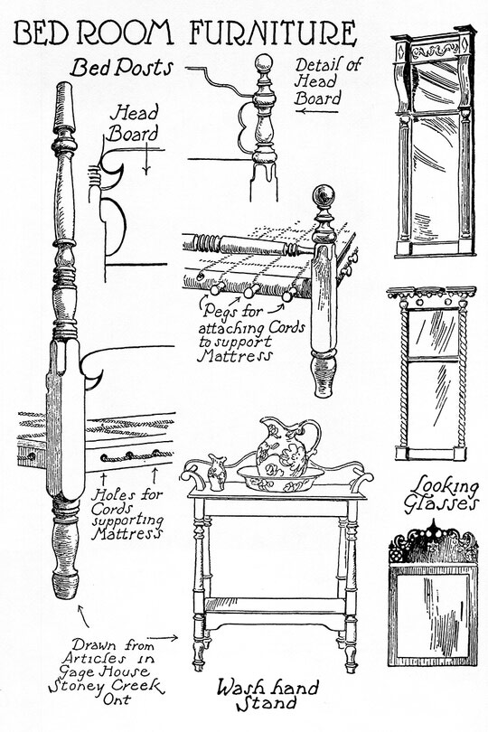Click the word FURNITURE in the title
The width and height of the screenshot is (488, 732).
(x=273, y=33)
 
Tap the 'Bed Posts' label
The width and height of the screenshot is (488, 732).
(x=121, y=68)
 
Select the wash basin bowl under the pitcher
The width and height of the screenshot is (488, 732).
(x=280, y=478)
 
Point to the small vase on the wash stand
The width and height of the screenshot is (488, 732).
(x=217, y=473)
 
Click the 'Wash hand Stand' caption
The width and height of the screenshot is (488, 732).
(x=267, y=695)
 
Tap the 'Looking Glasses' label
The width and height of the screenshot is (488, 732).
(x=441, y=494)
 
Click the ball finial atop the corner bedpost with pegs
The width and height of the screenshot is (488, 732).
(x=324, y=195)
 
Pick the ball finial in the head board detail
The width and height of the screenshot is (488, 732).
(x=264, y=63)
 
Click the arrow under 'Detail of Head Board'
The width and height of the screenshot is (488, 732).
(x=317, y=111)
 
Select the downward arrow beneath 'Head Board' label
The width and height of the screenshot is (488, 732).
(x=146, y=159)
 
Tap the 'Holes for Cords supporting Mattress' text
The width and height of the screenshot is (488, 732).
(x=127, y=514)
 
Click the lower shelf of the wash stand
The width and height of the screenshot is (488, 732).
(x=275, y=605)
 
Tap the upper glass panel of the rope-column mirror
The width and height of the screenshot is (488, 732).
(x=433, y=333)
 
